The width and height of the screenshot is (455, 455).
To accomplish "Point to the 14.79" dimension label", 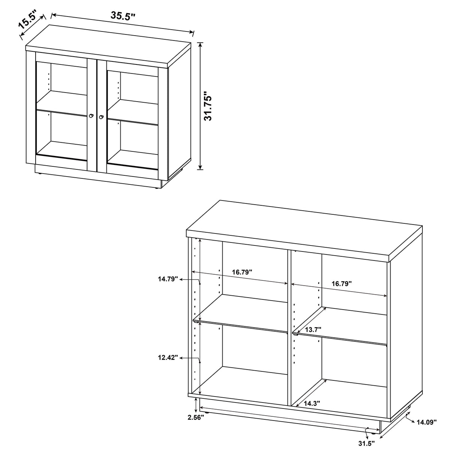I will tap(168, 279).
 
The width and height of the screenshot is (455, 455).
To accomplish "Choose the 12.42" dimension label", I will tap(168, 358).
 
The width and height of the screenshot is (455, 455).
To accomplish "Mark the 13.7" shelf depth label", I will tap(312, 329).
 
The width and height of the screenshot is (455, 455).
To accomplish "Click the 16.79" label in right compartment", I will tap(341, 284).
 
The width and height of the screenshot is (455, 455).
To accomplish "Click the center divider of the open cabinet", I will tap(289, 326).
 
